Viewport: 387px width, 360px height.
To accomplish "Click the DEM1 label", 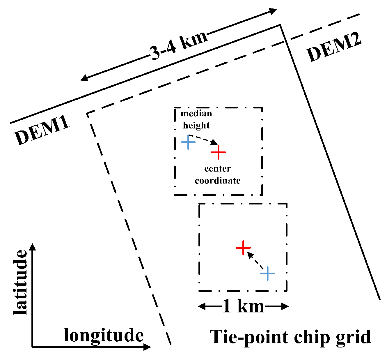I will tap(42, 131).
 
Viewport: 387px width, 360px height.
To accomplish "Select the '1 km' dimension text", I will tap(243, 306).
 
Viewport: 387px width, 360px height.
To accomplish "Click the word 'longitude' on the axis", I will tap(104, 335).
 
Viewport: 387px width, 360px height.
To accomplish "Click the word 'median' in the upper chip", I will tap(196, 113).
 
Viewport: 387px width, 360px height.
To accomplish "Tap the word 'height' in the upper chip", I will tap(196, 125).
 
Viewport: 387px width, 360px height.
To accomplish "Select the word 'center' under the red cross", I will tap(218, 169).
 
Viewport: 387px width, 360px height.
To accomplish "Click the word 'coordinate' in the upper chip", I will tap(218, 181).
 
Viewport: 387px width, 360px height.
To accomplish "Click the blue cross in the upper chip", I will tap(188, 142).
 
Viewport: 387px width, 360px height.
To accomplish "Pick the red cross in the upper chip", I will tap(218, 152).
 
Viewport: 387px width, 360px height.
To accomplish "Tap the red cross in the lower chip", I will tap(243, 248).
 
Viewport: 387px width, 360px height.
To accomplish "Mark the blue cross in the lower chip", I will tap(267, 273).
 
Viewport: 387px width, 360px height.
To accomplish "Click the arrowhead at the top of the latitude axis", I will tap(33, 247).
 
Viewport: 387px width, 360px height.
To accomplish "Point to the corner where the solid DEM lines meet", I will tap(280, 25).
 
